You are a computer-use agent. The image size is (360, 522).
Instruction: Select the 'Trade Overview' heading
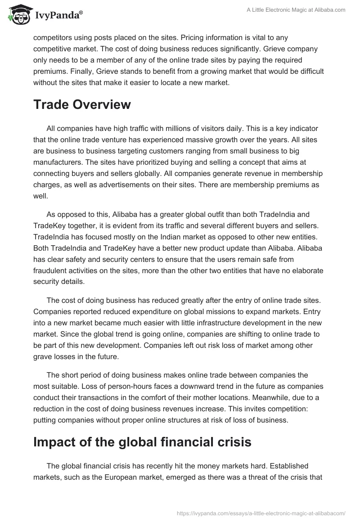pos(82,104)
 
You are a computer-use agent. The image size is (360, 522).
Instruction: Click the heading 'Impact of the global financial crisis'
pos(142,442)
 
